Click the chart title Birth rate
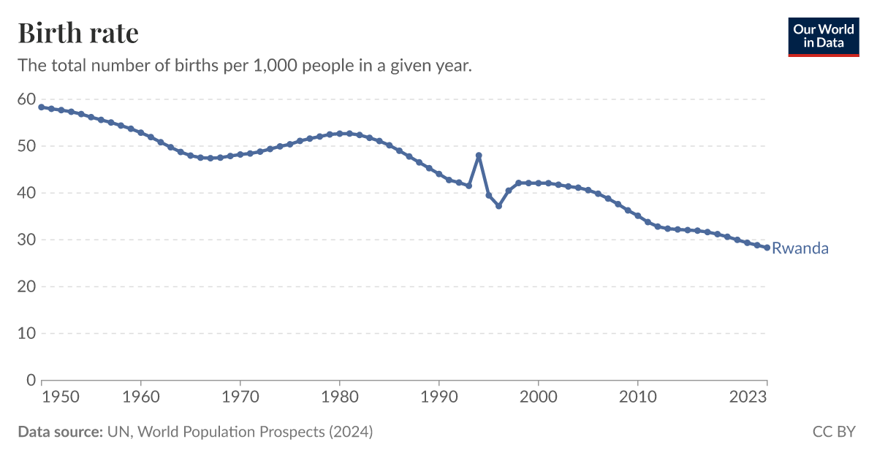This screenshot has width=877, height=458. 78,34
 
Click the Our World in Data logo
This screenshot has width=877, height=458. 824,36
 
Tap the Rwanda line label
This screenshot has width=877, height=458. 800,248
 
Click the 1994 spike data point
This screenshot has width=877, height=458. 479,156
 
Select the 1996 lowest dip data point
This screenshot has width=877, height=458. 498,206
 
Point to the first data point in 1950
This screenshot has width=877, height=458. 42,107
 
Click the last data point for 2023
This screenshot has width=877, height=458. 767,248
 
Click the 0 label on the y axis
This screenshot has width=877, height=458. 31,380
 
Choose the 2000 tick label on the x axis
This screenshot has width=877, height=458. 538,398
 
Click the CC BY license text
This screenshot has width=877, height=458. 833,432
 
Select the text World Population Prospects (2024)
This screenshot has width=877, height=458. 255,432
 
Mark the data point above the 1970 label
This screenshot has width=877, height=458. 240,154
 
